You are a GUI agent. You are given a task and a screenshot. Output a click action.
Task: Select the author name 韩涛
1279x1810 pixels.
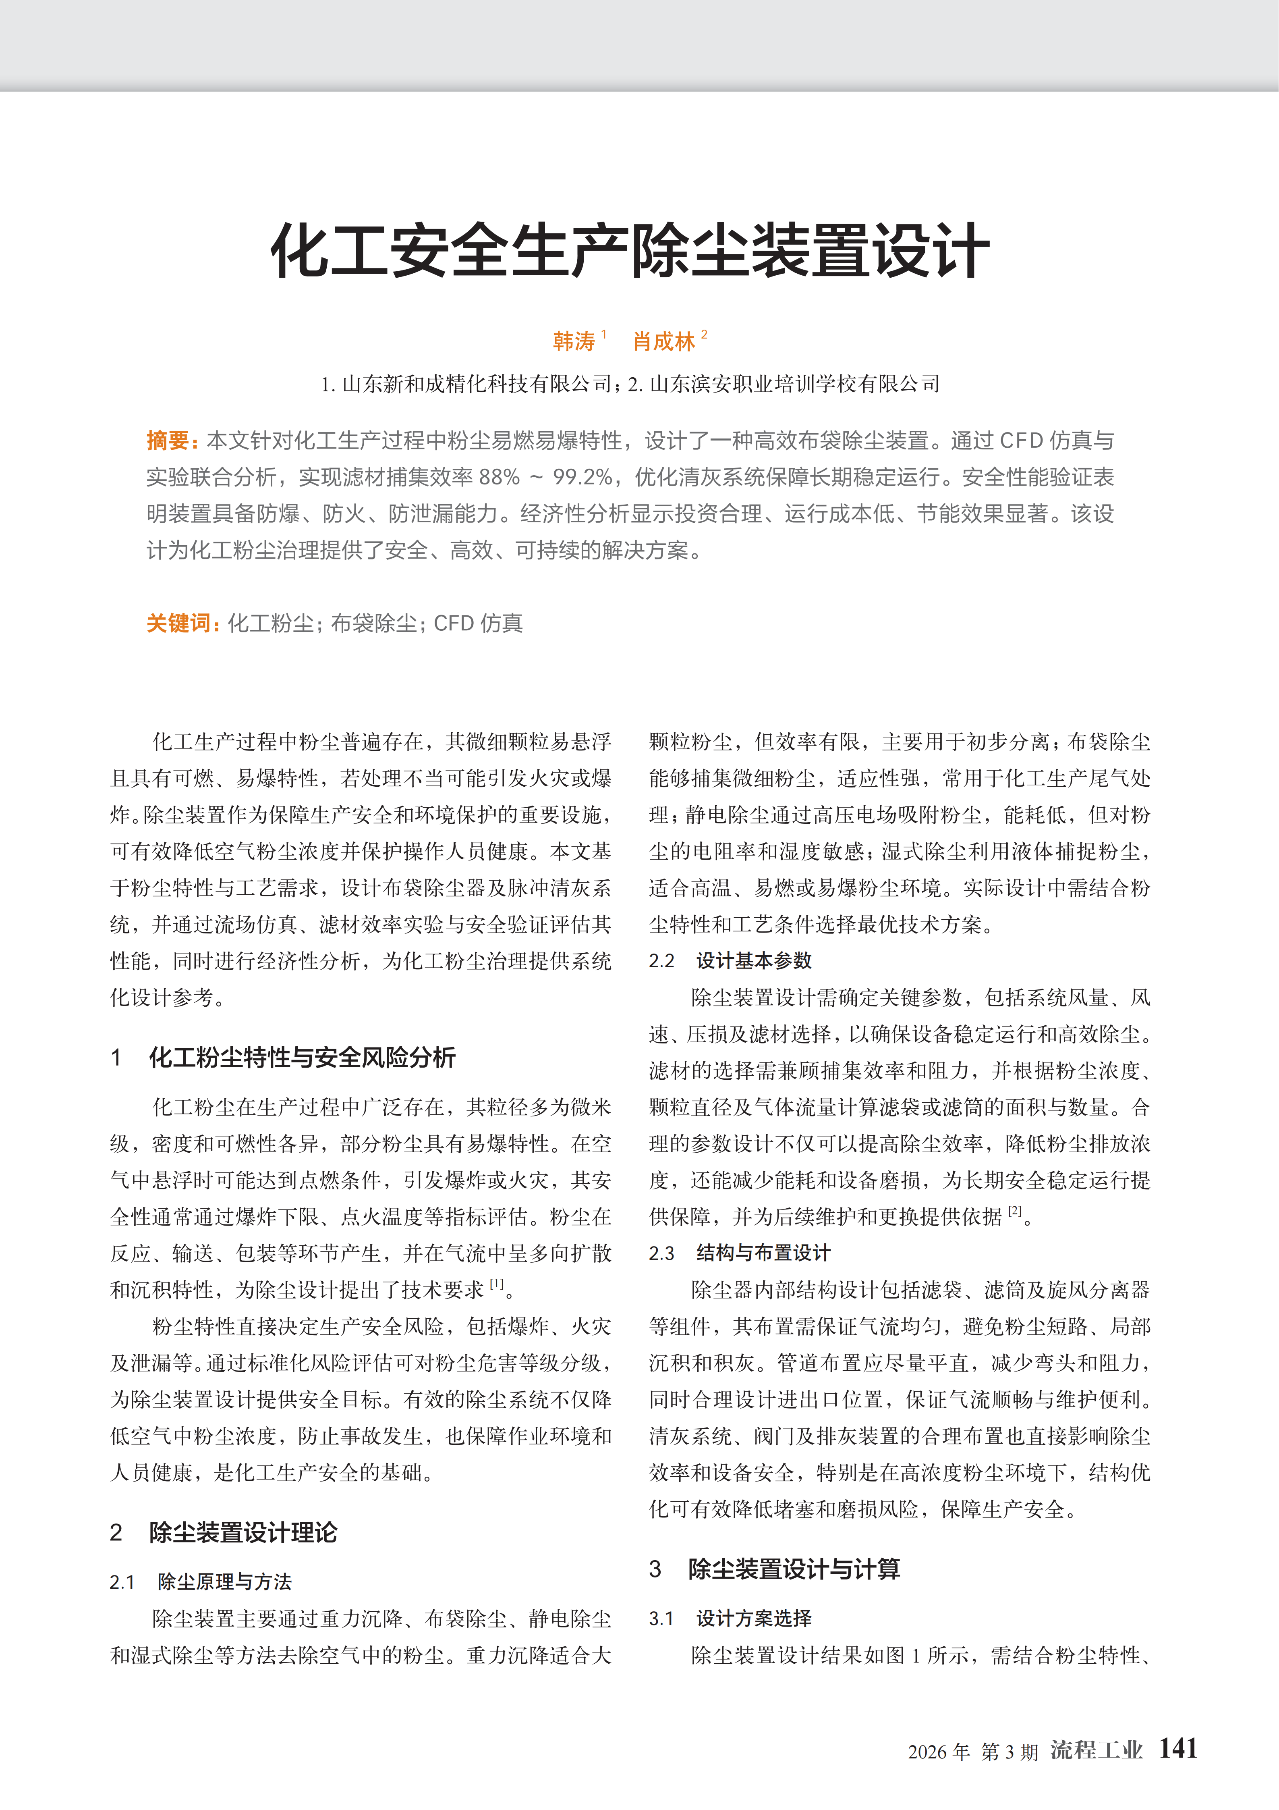pyautogui.click(x=574, y=341)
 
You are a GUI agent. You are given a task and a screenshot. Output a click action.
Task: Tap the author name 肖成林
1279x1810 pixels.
pyautogui.click(x=663, y=341)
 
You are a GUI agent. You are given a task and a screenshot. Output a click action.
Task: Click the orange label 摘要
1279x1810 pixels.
pyautogui.click(x=169, y=441)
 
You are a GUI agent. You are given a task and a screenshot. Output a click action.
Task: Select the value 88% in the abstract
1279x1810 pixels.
pyautogui.click(x=499, y=477)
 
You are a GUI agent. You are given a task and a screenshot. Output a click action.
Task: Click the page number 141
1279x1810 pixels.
pyautogui.click(x=1177, y=1748)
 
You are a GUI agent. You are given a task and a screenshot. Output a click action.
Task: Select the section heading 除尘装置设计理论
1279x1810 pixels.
pyautogui.click(x=243, y=1532)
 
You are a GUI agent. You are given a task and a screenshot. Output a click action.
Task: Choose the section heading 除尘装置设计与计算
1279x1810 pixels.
pyautogui.click(x=794, y=1569)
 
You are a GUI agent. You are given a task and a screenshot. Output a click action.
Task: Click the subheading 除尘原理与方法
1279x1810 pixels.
pyautogui.click(x=225, y=1581)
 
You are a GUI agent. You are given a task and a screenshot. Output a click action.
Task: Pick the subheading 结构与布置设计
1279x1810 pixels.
pyautogui.click(x=763, y=1253)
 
